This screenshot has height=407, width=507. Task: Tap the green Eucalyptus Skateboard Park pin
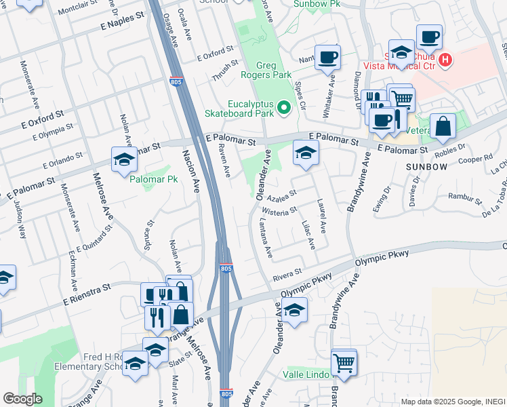(x=285, y=106)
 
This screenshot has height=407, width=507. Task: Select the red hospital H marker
(x=445, y=60)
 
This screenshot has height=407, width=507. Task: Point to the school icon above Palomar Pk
(x=124, y=160)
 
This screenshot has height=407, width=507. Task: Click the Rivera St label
(x=287, y=273)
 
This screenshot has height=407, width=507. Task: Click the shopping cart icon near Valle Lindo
(x=344, y=362)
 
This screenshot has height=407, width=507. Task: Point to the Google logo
(x=22, y=399)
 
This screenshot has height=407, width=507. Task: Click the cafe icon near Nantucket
(x=327, y=57)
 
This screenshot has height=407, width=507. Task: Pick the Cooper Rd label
(x=474, y=160)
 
